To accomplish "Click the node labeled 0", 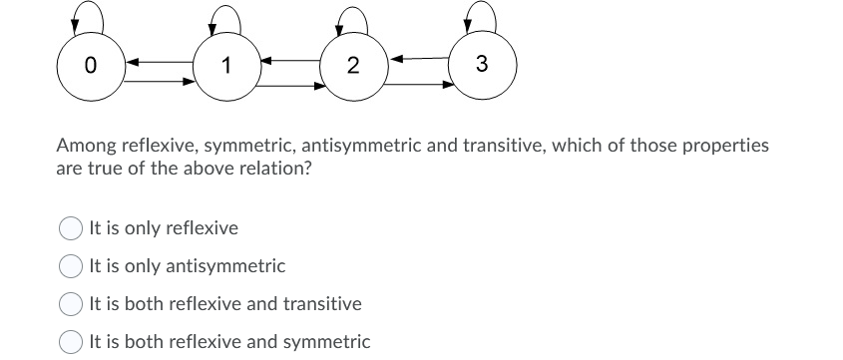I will [90, 68].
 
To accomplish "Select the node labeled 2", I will [353, 68].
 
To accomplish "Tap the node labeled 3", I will [482, 66].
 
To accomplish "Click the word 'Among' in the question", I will [84, 146].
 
